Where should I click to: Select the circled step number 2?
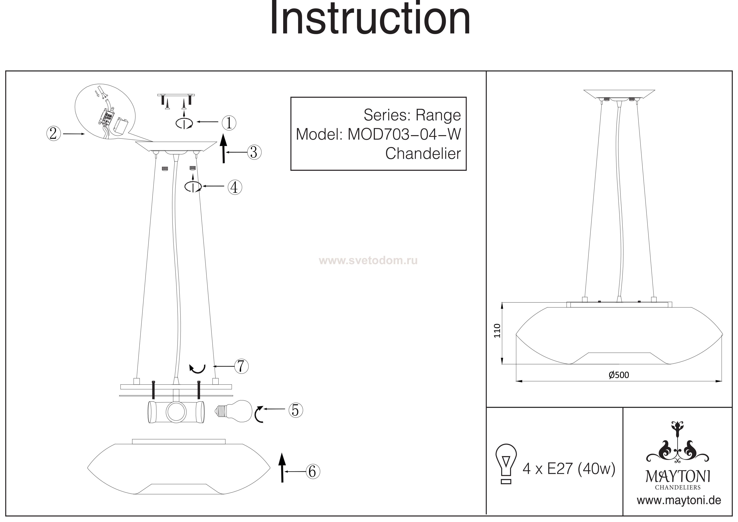tap(53, 133)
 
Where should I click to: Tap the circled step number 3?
tap(254, 152)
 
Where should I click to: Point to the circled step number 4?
tap(235, 187)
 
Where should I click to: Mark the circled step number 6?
tap(312, 471)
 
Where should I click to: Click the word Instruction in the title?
tap(370, 19)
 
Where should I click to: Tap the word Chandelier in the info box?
tap(423, 154)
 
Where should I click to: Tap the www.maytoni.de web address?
tap(679, 501)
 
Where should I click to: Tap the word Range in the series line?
tap(438, 115)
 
